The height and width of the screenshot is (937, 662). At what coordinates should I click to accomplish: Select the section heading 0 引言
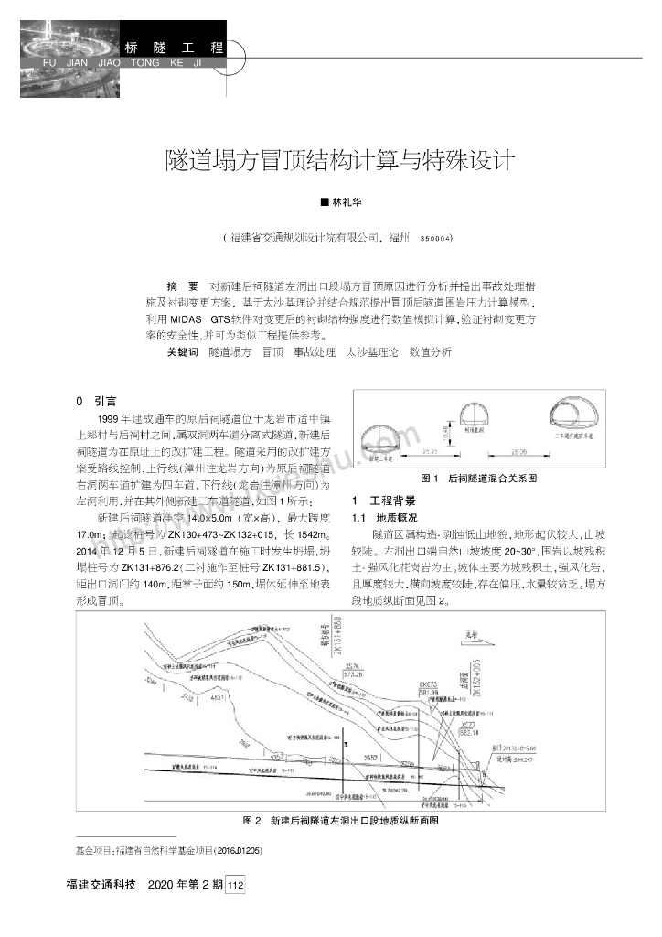(94, 400)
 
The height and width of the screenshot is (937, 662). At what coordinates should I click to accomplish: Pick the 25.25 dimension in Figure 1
(402, 451)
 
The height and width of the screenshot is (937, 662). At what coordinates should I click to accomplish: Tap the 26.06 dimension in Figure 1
(522, 451)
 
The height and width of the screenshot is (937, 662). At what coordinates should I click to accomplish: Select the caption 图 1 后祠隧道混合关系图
(477, 479)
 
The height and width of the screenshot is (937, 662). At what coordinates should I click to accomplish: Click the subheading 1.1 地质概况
(378, 517)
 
